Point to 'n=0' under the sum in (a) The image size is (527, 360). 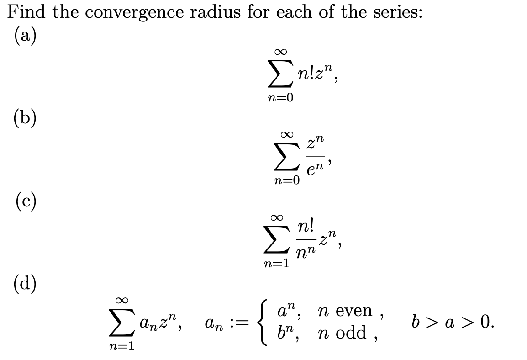(280, 98)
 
